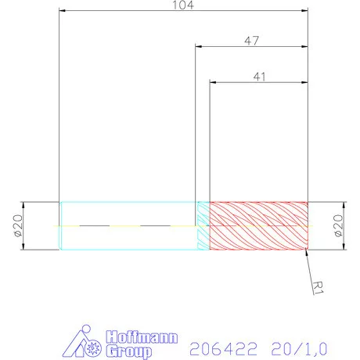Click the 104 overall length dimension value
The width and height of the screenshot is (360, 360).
tap(182, 5)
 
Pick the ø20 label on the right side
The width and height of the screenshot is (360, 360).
tap(338, 225)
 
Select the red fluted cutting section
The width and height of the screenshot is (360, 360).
tap(258, 225)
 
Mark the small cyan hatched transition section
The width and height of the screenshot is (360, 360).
tap(202, 225)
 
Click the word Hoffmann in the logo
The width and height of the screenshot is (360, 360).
tap(140, 337)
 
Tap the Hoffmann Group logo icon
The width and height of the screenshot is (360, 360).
tap(88, 344)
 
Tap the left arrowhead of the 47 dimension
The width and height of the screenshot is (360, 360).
tap(199, 47)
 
